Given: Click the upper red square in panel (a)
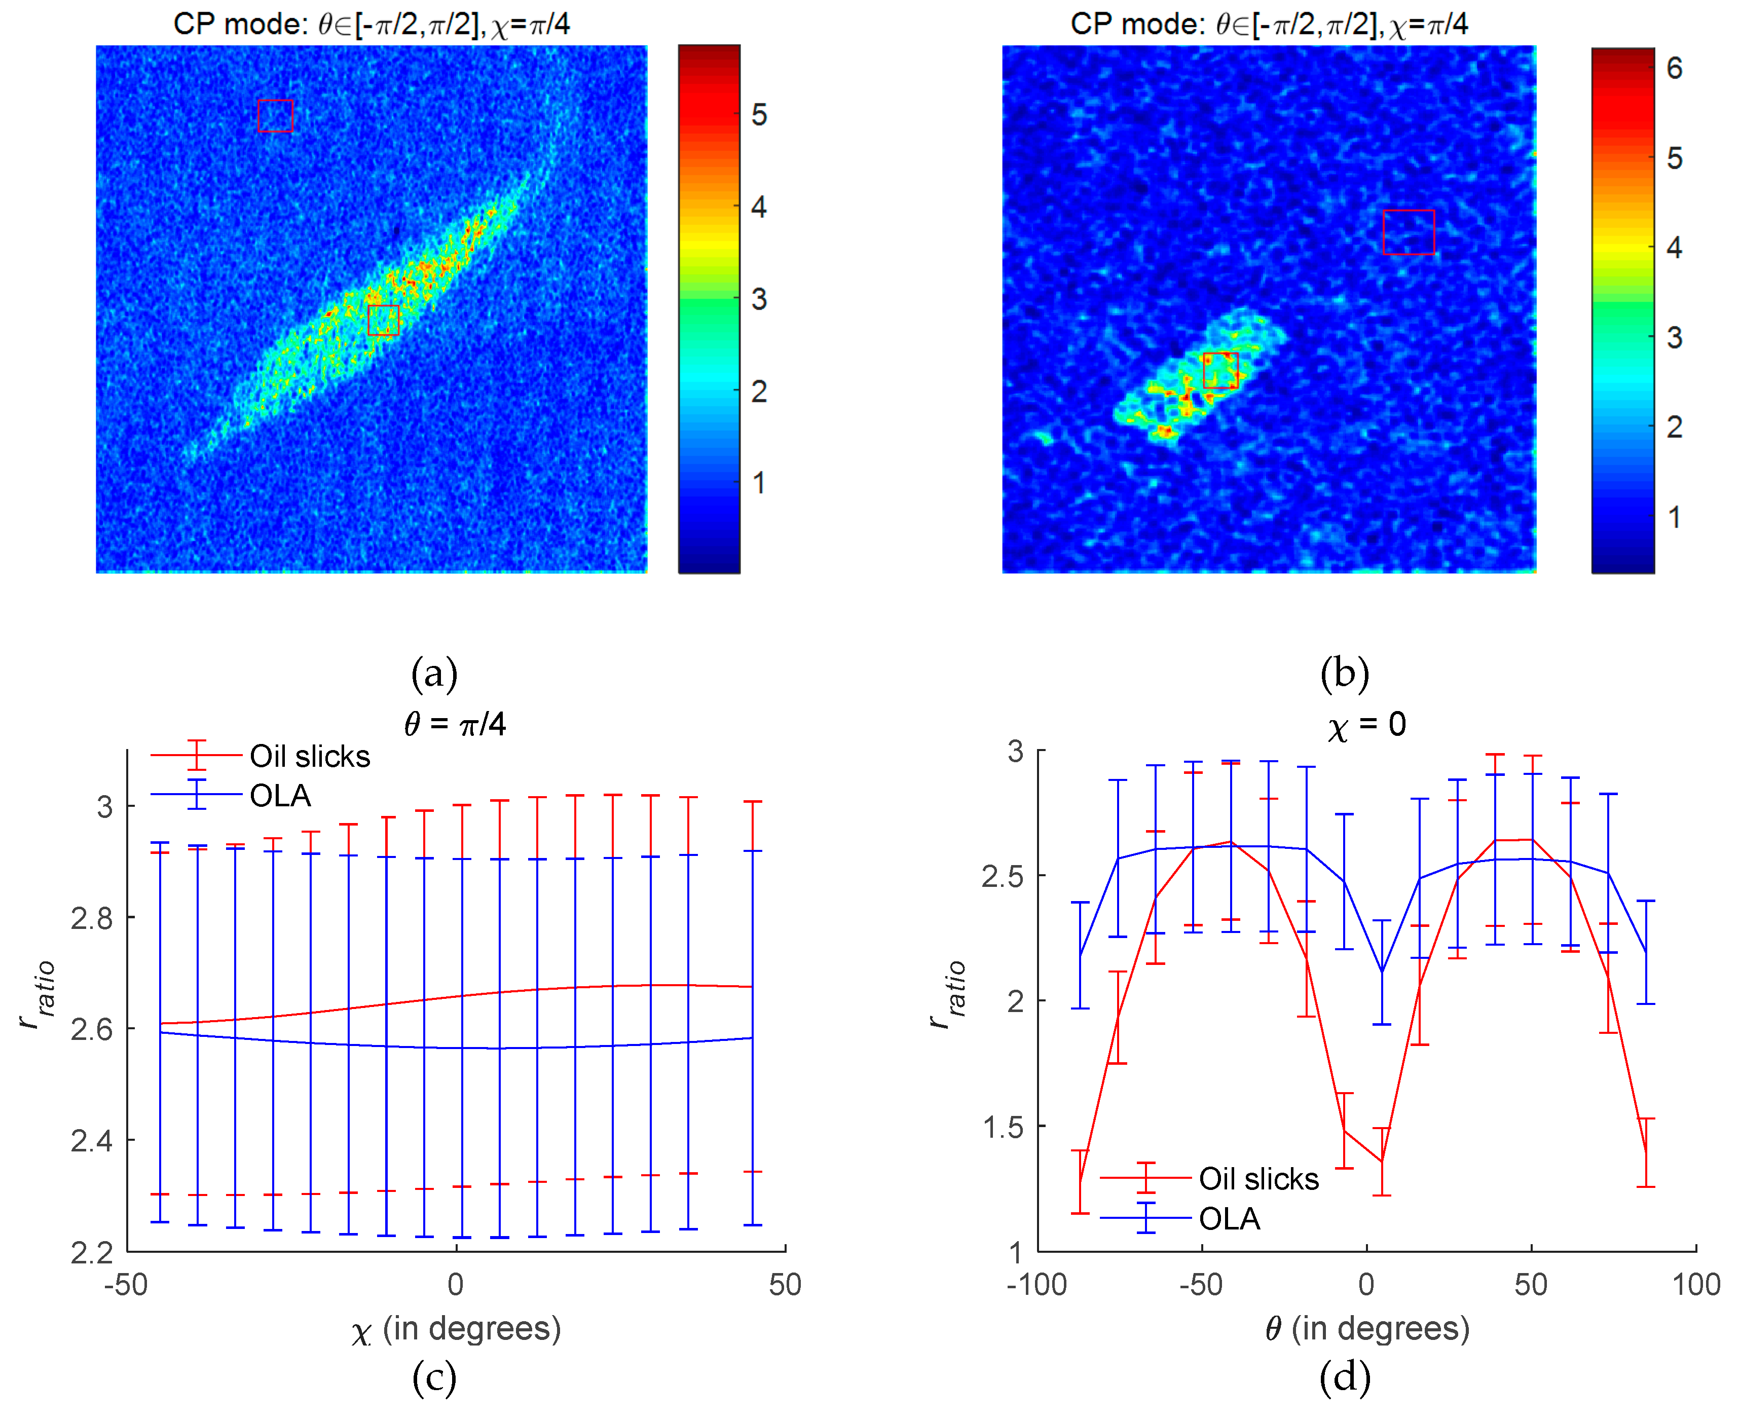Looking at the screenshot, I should point(275,115).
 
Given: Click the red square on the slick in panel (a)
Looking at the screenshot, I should point(383,320).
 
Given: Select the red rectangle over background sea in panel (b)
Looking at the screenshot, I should point(1408,232).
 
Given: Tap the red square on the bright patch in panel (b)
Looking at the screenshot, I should point(1220,369).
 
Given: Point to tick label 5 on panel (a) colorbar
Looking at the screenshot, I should point(758,115).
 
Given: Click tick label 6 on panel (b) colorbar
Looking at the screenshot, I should point(1674,68).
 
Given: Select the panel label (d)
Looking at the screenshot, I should point(1345,1378).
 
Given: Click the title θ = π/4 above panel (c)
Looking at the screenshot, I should point(455,724).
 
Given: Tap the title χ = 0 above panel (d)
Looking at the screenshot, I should point(1366,724).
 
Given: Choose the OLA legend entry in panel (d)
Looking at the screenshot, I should point(1229,1219).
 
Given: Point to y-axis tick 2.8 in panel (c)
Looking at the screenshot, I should point(92,919).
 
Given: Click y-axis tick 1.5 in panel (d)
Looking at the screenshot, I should point(1003,1127).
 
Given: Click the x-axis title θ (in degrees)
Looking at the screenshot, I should point(1366,1328).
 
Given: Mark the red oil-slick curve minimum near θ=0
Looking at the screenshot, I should point(1381,1161).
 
